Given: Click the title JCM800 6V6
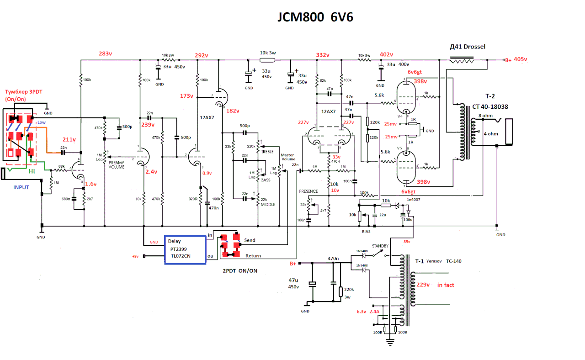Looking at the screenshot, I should point(315,17).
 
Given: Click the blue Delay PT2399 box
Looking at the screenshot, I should point(185,249).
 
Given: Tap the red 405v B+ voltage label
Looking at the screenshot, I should point(521,59).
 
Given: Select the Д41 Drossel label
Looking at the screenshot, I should point(468,47).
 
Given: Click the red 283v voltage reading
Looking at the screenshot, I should point(106,54).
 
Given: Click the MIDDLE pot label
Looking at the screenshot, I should point(268,205).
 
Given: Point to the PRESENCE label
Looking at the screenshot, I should point(308,191).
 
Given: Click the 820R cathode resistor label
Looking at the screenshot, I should point(193,199).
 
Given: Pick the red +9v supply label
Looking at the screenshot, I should point(135,256).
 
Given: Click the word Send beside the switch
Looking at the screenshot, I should point(250,240).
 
